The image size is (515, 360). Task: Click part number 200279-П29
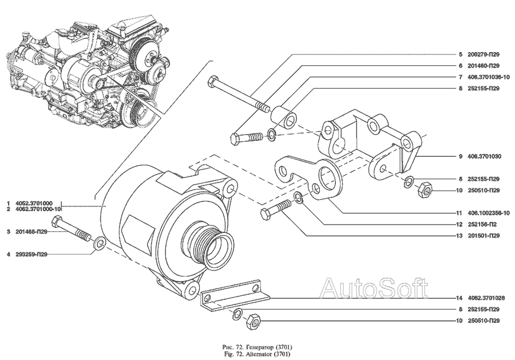coord(484,54)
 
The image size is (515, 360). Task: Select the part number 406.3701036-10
coord(488,77)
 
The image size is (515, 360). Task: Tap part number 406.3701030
coord(484,156)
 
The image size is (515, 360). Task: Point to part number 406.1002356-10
coord(488,212)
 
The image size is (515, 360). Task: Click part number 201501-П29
coord(484,235)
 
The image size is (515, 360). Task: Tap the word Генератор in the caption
coord(249,347)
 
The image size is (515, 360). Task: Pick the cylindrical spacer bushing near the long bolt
coord(284,117)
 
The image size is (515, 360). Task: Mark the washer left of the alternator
coord(98,245)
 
